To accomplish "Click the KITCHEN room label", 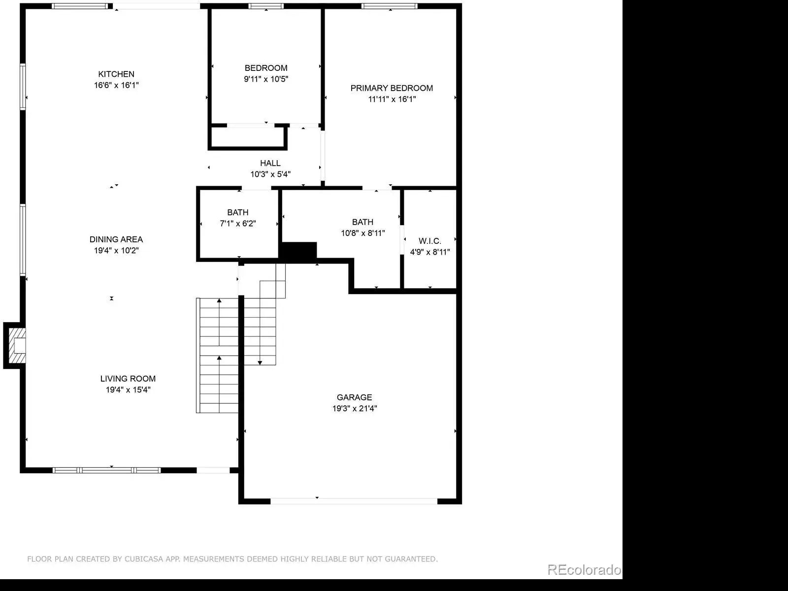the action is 116,74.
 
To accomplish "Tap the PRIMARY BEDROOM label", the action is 392,88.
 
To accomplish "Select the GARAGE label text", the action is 354,397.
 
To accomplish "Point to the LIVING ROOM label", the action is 128,379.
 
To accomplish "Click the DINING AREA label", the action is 116,239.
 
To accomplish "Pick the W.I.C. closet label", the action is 430,241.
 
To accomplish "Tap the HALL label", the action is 270,164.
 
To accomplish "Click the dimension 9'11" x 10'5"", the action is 266,79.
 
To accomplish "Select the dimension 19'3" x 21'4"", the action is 355,408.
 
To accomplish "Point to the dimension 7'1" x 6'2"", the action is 238,224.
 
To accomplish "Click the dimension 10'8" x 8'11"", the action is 362,233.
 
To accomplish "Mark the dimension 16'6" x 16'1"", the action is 116,85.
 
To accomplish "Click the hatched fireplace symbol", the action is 17,346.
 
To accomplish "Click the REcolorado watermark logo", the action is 584,569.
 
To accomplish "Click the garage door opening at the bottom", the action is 354,501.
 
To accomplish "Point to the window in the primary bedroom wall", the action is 390,6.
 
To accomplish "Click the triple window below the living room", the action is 106,470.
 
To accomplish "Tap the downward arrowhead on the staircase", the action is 260,363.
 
